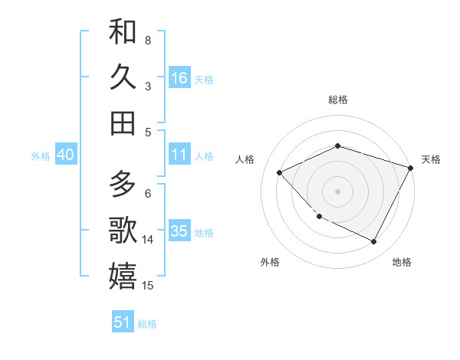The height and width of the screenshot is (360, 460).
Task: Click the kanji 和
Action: coord(123,31)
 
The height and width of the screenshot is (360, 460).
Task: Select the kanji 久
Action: coord(123,77)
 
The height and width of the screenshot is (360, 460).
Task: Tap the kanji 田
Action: coord(123,123)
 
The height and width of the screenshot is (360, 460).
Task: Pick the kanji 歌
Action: coord(123,230)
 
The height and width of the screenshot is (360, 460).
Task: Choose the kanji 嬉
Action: coord(123,276)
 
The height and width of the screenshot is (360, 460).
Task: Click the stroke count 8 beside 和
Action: coord(147,40)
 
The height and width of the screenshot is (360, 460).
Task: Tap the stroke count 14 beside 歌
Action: coord(149,240)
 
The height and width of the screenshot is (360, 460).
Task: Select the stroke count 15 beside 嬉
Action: coord(149,286)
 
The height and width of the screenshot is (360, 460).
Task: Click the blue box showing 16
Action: coord(179,78)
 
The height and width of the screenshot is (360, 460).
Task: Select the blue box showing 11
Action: coord(179,155)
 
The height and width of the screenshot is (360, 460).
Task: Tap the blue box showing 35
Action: coord(179,231)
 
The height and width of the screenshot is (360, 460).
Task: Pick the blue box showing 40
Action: coord(65,155)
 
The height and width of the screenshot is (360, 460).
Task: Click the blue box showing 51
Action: coord(123,322)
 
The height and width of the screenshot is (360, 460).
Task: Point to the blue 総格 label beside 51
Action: coord(147,324)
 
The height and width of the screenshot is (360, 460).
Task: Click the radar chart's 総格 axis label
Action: coord(338,100)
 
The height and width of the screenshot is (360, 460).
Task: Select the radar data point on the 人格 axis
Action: coord(280,173)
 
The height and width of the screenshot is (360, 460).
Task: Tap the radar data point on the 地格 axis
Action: coord(374,242)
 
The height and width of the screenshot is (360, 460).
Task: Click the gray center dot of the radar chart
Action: coord(338,191)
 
